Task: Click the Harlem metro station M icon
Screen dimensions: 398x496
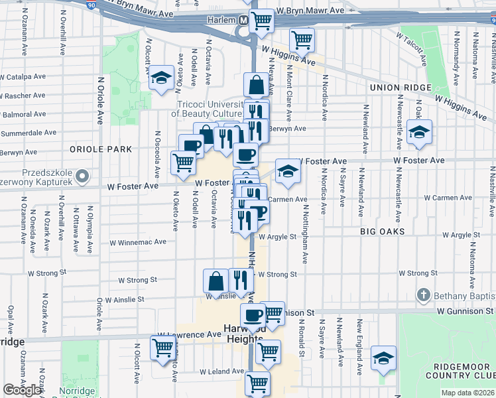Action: coord(243,21)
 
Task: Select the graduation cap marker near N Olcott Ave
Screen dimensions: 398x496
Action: coord(160,78)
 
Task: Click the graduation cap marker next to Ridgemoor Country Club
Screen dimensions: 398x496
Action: coord(383,359)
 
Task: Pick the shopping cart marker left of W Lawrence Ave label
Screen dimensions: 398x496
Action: coord(162,348)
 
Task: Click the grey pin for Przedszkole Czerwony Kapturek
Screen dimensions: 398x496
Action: coord(82,176)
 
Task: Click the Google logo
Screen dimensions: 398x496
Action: coord(22,390)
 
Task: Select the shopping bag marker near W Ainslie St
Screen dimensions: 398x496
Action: coord(216,282)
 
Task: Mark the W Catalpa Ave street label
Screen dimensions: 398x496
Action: coord(23,77)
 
